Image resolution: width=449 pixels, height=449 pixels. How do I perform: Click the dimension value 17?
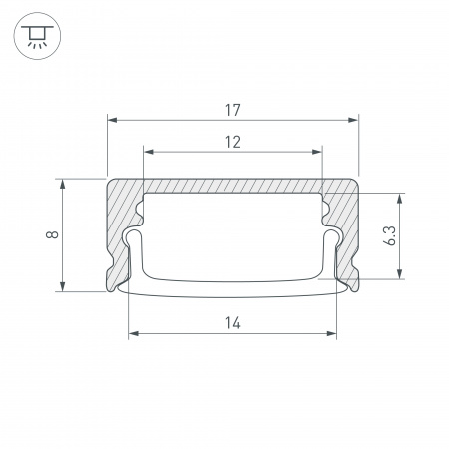(x=232, y=110)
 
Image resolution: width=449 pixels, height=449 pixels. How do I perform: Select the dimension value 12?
(x=233, y=142)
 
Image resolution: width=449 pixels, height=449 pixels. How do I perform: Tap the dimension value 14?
(x=233, y=323)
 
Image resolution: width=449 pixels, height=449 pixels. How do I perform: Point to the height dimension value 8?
(x=52, y=234)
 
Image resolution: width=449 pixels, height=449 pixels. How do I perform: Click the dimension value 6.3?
(x=390, y=235)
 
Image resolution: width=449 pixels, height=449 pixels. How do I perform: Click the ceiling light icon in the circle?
(x=37, y=36)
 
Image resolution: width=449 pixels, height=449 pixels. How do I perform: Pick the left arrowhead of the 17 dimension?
(x=112, y=120)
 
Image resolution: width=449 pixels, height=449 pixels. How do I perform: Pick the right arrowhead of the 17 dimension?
(x=353, y=120)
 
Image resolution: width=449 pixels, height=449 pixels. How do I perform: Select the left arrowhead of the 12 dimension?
(x=149, y=152)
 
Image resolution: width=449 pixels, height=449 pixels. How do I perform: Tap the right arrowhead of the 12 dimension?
(x=317, y=152)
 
